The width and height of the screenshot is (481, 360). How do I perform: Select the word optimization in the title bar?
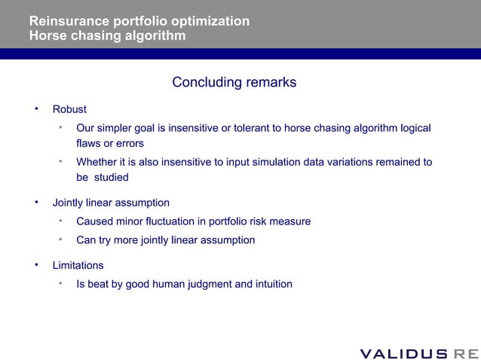pyautogui.click(x=211, y=21)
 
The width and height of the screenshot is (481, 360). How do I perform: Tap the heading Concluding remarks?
pyautogui.click(x=234, y=82)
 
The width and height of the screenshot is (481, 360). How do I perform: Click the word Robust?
pyautogui.click(x=69, y=109)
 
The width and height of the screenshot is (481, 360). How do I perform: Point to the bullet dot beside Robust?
pyautogui.click(x=35, y=108)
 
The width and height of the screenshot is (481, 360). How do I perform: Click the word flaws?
pyautogui.click(x=89, y=143)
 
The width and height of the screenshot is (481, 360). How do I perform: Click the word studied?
pyautogui.click(x=112, y=178)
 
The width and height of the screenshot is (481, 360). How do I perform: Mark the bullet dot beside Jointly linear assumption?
pyautogui.click(x=35, y=202)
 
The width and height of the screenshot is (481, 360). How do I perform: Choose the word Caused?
pyautogui.click(x=94, y=221)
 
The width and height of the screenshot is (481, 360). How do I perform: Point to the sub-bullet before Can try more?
pyautogui.click(x=60, y=239)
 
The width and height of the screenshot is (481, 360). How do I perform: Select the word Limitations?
pyautogui.click(x=78, y=265)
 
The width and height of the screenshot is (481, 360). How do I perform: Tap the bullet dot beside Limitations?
pyautogui.click(x=35, y=264)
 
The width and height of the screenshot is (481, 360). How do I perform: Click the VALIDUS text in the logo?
pyautogui.click(x=403, y=353)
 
